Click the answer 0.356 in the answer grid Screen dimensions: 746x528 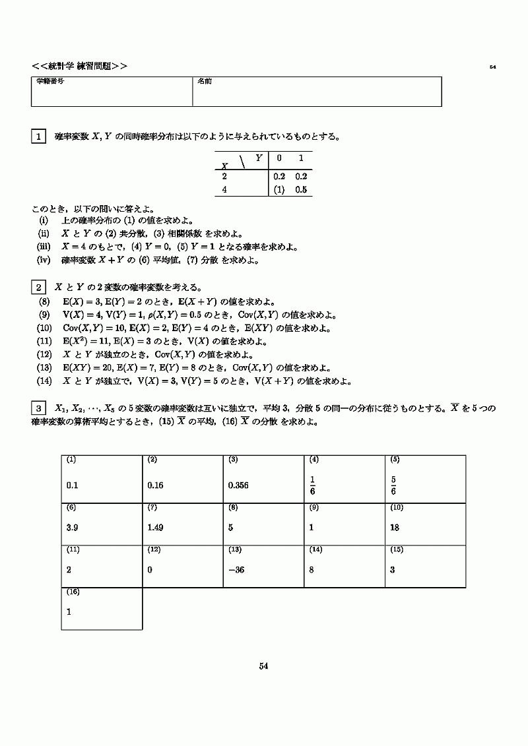239,485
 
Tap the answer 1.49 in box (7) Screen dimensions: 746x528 156,528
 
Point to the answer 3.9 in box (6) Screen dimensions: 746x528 73,528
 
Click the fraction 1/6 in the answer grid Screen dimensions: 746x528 312,485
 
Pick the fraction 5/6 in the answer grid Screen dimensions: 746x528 393,485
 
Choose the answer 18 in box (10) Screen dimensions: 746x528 395,528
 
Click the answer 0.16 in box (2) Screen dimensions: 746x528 156,485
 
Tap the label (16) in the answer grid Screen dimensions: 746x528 73,592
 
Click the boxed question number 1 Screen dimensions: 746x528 38,137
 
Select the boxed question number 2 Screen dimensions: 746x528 38,287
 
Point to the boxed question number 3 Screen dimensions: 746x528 38,408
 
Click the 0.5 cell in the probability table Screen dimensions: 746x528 302,189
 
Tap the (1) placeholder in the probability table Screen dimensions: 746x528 279,189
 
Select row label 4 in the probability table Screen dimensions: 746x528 224,189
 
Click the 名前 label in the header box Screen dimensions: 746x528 204,81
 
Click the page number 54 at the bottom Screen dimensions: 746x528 263,666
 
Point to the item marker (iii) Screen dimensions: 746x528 43,247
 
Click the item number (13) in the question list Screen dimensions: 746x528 44,368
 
